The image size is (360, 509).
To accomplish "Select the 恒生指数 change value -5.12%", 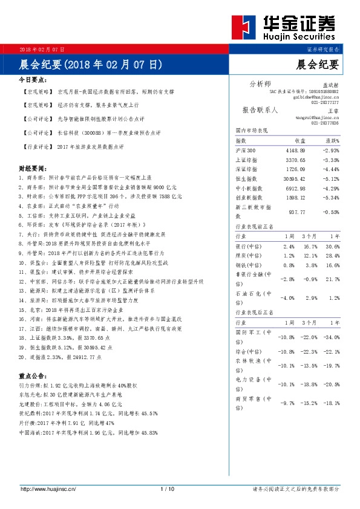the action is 330,178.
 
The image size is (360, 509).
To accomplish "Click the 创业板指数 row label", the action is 249,197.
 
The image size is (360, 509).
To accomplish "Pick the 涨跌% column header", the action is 331,140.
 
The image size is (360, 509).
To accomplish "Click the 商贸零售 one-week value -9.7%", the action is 286,402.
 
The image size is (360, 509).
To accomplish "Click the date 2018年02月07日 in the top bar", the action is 42,49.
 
